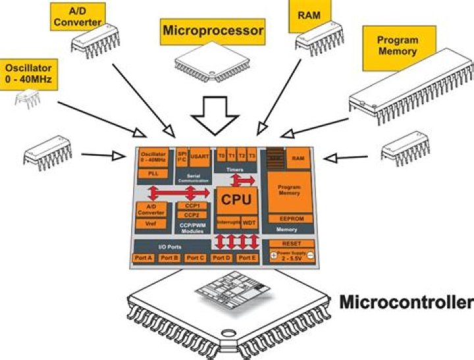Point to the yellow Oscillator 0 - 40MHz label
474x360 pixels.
[x=28, y=74]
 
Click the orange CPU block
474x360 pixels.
[x=236, y=197]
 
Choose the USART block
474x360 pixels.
[x=199, y=157]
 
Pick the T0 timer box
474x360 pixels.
[x=223, y=157]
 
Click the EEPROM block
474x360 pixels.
[x=288, y=219]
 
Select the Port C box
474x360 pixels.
[x=196, y=257]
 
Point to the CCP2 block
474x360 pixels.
[x=192, y=215]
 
